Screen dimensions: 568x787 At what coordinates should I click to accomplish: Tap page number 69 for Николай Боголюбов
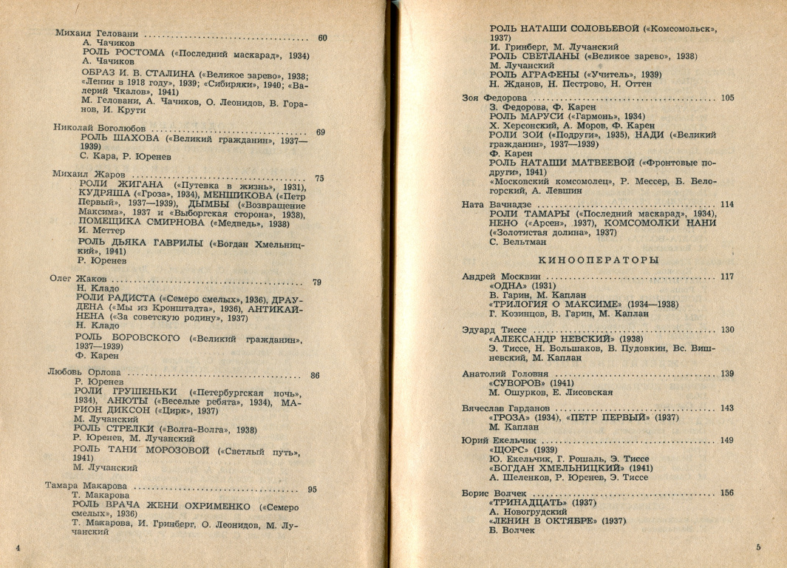[320, 132]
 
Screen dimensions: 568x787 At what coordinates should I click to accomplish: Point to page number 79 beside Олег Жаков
[317, 282]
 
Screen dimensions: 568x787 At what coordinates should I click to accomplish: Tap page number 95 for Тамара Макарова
[312, 489]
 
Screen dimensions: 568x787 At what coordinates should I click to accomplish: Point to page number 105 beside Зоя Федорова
[727, 98]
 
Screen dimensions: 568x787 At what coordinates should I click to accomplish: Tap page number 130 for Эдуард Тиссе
[727, 330]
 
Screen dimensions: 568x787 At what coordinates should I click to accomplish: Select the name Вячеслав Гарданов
[505, 408]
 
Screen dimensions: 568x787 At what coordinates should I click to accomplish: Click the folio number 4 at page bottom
[17, 547]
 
